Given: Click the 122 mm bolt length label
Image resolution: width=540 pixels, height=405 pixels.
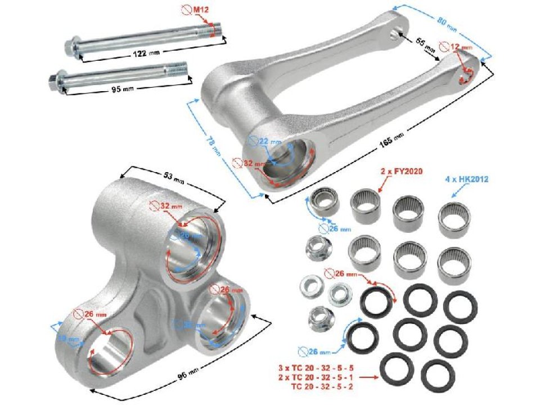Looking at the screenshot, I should (x=140, y=53).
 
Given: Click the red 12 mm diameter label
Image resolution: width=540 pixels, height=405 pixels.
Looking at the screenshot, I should (x=462, y=46).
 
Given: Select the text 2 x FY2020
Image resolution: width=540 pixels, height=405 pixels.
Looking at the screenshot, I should (x=401, y=170).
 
